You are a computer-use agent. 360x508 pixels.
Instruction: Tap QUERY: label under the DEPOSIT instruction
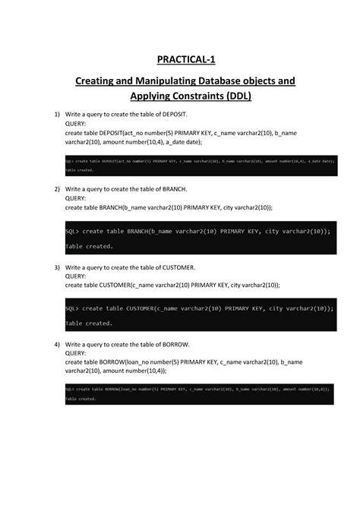click(76, 123)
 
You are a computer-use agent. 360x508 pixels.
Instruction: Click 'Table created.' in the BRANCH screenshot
click(89, 246)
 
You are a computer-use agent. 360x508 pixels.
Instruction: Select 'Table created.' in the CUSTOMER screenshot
click(89, 323)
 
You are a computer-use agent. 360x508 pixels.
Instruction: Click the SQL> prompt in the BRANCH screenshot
click(72, 231)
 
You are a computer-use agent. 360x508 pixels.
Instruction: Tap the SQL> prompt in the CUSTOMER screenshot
click(72, 308)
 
